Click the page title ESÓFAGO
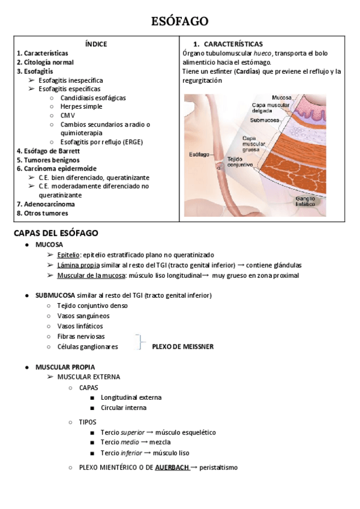click(179, 22)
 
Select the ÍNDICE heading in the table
click(96, 44)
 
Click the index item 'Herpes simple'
click(81, 106)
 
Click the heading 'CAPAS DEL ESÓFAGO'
click(56, 232)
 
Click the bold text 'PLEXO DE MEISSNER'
click(182, 346)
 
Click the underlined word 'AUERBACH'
click(172, 468)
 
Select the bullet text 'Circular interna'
click(124, 408)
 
